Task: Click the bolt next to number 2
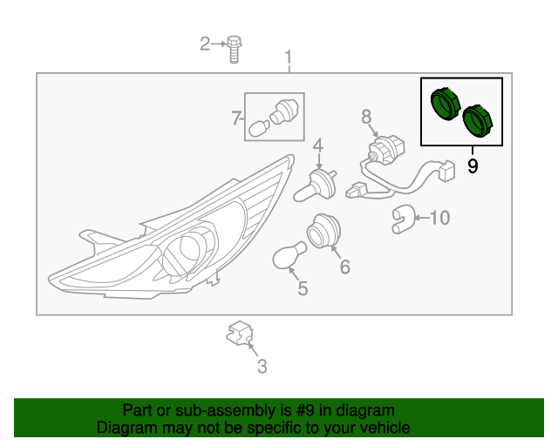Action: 234,49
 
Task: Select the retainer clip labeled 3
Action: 240,333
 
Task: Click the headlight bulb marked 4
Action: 316,186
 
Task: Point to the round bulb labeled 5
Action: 289,254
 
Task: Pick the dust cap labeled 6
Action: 323,231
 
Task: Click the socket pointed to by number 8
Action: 386,149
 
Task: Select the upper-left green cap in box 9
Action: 446,104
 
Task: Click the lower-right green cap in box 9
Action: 479,120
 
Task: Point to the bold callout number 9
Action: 473,166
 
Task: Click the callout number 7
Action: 236,118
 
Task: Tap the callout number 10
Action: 440,218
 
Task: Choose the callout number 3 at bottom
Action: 262,367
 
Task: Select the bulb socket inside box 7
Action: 284,111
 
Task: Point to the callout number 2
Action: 205,44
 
